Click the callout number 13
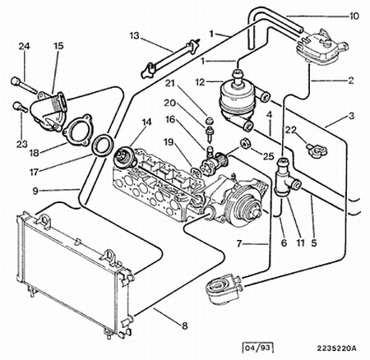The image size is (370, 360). click(x=134, y=36)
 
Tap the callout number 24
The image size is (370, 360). click(x=24, y=46)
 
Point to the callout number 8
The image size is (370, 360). click(x=185, y=325)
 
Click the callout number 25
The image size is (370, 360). click(x=269, y=156)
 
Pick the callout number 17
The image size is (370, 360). click(x=34, y=172)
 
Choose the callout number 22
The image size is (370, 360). click(x=291, y=130)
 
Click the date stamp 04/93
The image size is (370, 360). click(x=258, y=348)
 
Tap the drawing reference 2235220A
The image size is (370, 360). click(x=337, y=348)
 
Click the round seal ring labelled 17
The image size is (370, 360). click(x=103, y=145)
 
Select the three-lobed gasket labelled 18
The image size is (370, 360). click(x=76, y=129)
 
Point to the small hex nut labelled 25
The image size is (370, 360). click(x=244, y=144)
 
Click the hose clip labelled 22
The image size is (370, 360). click(x=317, y=150)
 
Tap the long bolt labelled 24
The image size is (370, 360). click(x=24, y=85)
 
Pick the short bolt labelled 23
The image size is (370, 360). click(x=20, y=106)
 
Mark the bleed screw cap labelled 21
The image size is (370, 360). click(x=210, y=121)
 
